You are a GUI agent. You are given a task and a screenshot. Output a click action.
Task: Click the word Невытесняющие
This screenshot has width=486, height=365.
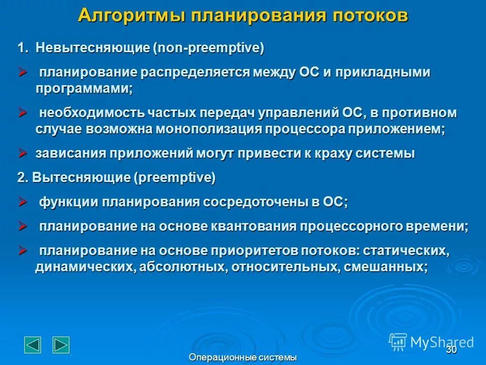[x=93, y=49]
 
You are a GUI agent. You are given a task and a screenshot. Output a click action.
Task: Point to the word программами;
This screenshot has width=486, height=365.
[x=84, y=88]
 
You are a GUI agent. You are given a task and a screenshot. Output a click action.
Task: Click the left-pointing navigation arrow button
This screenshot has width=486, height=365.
[x=33, y=344]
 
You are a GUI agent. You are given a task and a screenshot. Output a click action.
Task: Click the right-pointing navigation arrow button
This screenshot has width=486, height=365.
[x=61, y=344]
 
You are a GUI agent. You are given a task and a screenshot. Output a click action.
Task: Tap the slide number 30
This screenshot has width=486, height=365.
[x=451, y=349]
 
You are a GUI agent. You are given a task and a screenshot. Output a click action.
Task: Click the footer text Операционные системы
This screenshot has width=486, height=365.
[x=242, y=358]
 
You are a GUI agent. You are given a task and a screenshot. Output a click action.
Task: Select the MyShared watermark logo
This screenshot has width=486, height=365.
[x=431, y=342]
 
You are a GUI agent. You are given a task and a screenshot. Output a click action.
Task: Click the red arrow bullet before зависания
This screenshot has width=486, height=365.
[x=23, y=153]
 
